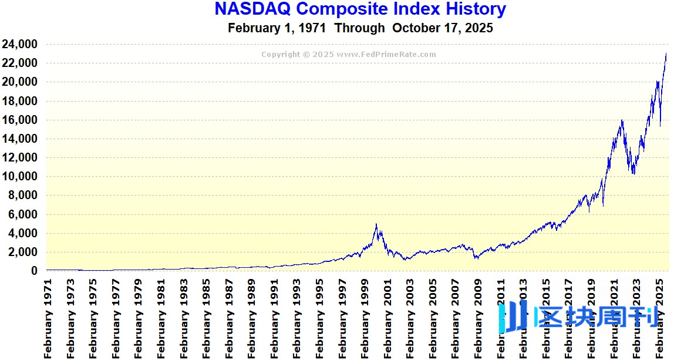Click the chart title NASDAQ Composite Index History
pyautogui.click(x=360, y=9)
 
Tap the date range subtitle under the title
pyautogui.click(x=360, y=28)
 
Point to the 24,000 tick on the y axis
pyautogui.click(x=20, y=44)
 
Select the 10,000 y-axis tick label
pyautogui.click(x=20, y=176)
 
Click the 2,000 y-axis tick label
pyautogui.click(x=22, y=252)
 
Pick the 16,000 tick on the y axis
pyautogui.click(x=20, y=120)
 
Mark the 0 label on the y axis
pyautogui.click(x=35, y=271)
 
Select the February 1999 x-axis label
pyautogui.click(x=365, y=317)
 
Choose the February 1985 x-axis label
pyautogui.click(x=207, y=317)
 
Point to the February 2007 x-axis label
pyautogui.click(x=455, y=317)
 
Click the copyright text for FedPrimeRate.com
pyautogui.click(x=349, y=55)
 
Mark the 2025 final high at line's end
pyautogui.click(x=666, y=54)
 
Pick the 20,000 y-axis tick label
pyautogui.click(x=20, y=82)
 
